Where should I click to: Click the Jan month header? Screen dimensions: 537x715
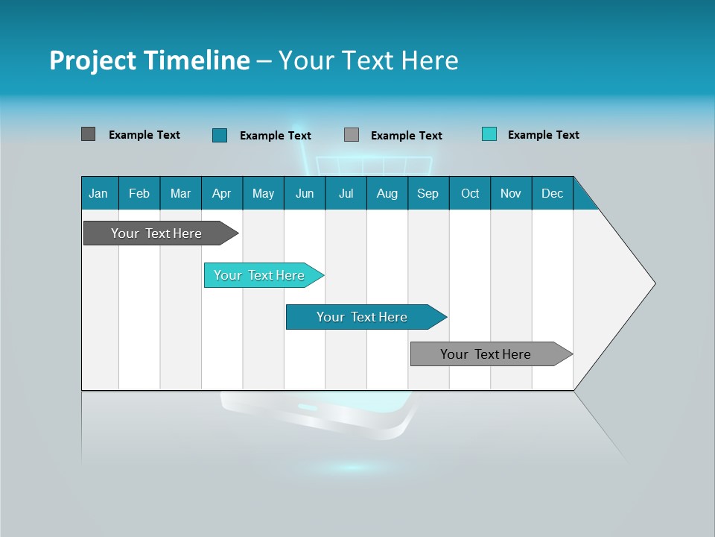coord(98,193)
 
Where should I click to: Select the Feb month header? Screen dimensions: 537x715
coord(139,193)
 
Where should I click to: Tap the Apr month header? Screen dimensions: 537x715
coord(221,193)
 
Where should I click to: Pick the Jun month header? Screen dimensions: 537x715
coord(305,193)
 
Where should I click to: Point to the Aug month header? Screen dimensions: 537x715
coord(387,193)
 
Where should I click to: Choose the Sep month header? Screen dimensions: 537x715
coord(428,193)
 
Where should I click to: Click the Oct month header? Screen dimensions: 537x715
coord(470,193)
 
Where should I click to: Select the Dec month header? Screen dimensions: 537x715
coord(552,193)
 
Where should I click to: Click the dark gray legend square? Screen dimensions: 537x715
coord(88,134)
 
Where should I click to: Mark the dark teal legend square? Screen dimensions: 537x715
coord(219,135)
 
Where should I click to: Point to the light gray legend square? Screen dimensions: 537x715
coord(352,135)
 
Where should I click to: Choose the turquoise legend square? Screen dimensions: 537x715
coord(489,134)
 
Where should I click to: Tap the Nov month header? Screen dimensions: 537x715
coord(511,193)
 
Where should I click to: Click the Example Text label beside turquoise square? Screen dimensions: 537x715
coord(543,135)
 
